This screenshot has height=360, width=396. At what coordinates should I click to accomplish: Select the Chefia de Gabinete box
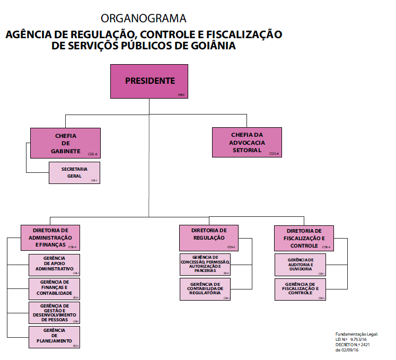(x=65, y=143)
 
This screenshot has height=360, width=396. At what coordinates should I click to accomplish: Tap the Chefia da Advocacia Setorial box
(x=246, y=142)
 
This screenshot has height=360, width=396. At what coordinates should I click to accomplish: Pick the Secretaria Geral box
(x=74, y=172)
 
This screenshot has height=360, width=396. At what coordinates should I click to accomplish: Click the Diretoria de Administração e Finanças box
(x=50, y=238)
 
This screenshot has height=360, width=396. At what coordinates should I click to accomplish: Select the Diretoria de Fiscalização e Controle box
(x=304, y=238)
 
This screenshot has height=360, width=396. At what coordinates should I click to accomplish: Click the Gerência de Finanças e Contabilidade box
(x=54, y=288)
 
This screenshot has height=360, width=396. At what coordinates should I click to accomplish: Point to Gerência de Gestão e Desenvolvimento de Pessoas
(x=54, y=312)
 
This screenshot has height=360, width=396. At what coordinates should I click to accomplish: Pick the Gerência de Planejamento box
(x=54, y=337)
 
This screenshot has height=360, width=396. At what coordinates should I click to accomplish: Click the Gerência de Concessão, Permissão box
(x=205, y=265)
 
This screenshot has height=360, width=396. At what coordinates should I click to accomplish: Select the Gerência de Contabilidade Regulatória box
(x=205, y=289)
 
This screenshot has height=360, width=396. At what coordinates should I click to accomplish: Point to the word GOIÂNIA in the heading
(x=209, y=47)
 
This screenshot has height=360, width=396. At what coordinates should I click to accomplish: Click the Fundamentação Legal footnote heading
(x=357, y=335)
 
